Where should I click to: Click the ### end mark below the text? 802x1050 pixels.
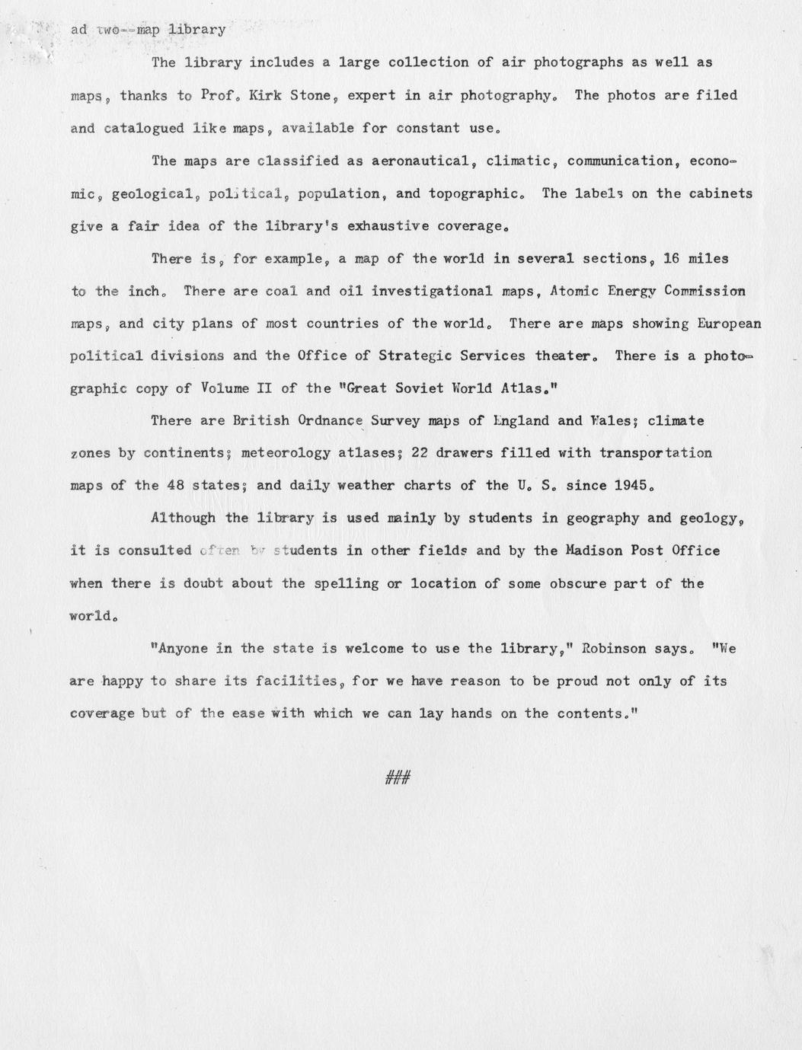pos(398,777)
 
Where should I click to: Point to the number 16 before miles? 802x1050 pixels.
pos(672,258)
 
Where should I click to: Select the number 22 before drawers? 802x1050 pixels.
pos(420,453)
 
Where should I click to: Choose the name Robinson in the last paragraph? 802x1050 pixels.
pos(615,649)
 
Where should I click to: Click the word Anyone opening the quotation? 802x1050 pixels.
pos(181,649)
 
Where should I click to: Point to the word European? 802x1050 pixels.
pos(729,324)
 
